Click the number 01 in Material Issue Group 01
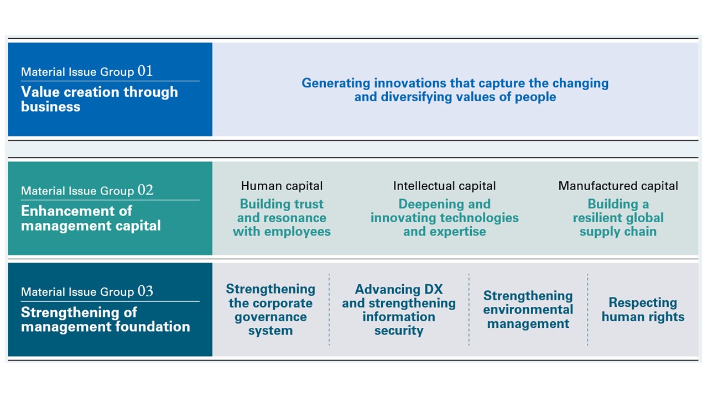point(145,71)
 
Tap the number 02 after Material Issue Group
point(145,190)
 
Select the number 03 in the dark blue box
point(145,291)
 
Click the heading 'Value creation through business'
point(100,99)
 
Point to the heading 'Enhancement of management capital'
point(91,218)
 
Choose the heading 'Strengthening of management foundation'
point(106,320)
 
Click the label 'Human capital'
point(282,186)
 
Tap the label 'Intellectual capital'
point(444,186)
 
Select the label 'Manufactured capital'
point(618,186)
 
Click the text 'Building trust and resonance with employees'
point(282,218)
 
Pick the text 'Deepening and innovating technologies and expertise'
point(444,218)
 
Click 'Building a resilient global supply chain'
point(618,218)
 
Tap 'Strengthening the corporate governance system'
point(270,310)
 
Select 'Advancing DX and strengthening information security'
point(399,310)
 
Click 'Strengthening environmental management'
point(528,310)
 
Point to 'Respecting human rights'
point(643,310)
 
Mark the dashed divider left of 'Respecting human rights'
point(587,310)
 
